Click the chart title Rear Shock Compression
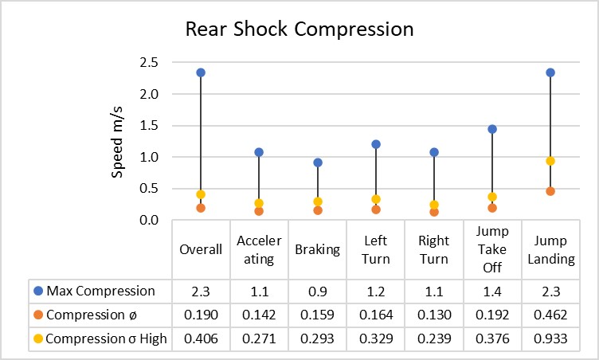(299, 29)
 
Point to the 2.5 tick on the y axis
(150, 62)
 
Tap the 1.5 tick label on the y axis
(150, 125)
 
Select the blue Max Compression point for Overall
(201, 72)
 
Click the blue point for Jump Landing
(550, 72)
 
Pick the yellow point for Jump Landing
(550, 161)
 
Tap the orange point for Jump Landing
(550, 191)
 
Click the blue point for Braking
(318, 162)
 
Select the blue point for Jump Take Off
(492, 129)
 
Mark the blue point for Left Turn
(376, 144)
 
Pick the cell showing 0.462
(550, 315)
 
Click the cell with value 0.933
(550, 338)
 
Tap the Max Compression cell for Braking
(318, 291)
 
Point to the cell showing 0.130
(434, 315)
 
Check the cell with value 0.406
(201, 338)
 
